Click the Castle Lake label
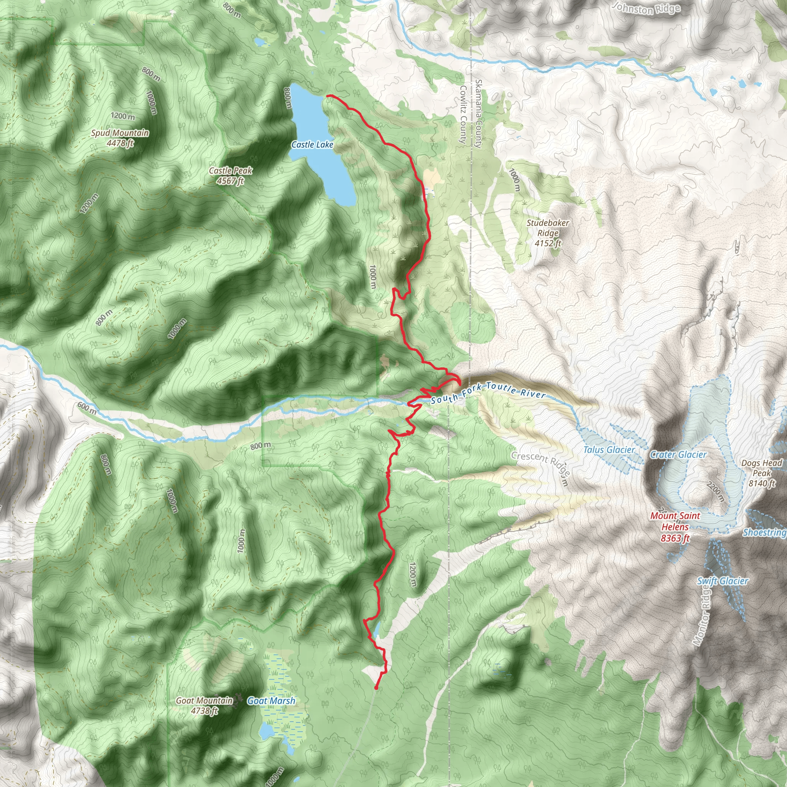click(x=312, y=144)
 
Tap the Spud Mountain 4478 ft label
click(x=120, y=138)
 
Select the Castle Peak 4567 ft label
click(x=231, y=176)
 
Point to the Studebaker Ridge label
click(x=548, y=233)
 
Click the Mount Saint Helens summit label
click(x=675, y=527)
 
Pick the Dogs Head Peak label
click(x=761, y=473)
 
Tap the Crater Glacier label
click(x=678, y=455)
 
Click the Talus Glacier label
click(x=609, y=450)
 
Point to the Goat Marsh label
click(x=271, y=701)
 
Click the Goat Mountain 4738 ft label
click(x=204, y=706)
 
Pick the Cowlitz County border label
click(x=463, y=114)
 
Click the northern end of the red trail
click(x=328, y=96)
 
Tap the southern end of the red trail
click(x=376, y=688)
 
